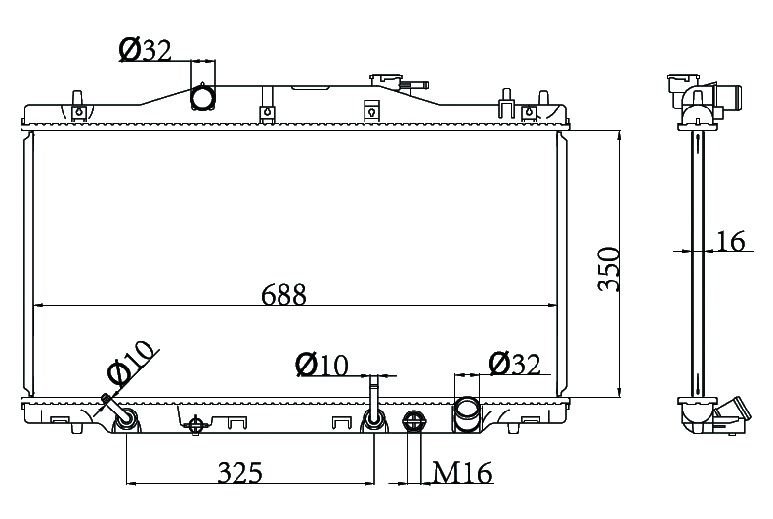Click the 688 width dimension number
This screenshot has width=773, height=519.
pyautogui.click(x=284, y=295)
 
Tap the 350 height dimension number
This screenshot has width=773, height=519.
pyautogui.click(x=609, y=269)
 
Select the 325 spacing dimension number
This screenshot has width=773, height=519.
pyautogui.click(x=240, y=473)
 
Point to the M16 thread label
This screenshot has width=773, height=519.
pyautogui.click(x=462, y=473)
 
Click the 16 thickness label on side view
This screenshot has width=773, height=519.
pyautogui.click(x=731, y=241)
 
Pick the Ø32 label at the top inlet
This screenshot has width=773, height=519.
pyautogui.click(x=145, y=50)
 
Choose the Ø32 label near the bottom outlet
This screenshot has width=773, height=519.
pyautogui.click(x=515, y=365)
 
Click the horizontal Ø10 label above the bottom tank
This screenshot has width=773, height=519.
pyautogui.click(x=322, y=365)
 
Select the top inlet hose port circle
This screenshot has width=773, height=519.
pyautogui.click(x=202, y=97)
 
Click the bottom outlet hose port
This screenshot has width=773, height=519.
pyautogui.click(x=466, y=414)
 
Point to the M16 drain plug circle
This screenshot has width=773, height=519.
pyautogui.click(x=413, y=422)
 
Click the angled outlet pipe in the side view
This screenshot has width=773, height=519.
pyautogui.click(x=732, y=411)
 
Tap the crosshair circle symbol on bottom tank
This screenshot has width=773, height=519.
pyautogui.click(x=196, y=424)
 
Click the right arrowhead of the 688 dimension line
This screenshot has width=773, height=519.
pyautogui.click(x=553, y=306)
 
